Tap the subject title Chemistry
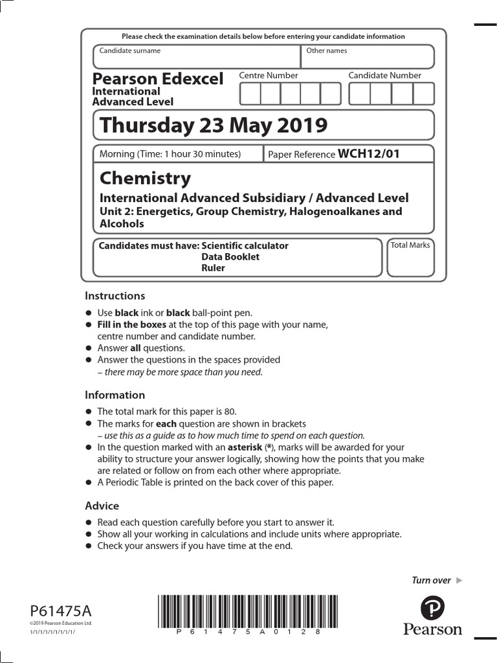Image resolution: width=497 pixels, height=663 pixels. pos(145,178)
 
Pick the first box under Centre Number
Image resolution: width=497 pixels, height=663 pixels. pos(250,94)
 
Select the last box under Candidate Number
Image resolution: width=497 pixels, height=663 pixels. pos(423,94)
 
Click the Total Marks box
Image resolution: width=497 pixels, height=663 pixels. pos(410,260)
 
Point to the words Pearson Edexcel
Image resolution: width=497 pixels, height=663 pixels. pos(158,78)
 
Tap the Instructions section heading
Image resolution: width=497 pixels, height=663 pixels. pos(115,296)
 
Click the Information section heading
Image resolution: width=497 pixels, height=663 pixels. pos(115,395)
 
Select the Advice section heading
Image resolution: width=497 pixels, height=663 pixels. pos(102,506)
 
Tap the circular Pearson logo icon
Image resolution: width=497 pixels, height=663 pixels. pos(432,608)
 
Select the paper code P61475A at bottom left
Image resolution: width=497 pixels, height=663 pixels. pos(61,611)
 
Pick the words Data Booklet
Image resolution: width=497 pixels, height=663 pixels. pos(230,256)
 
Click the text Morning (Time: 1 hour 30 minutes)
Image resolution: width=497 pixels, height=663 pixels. pos(169,154)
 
